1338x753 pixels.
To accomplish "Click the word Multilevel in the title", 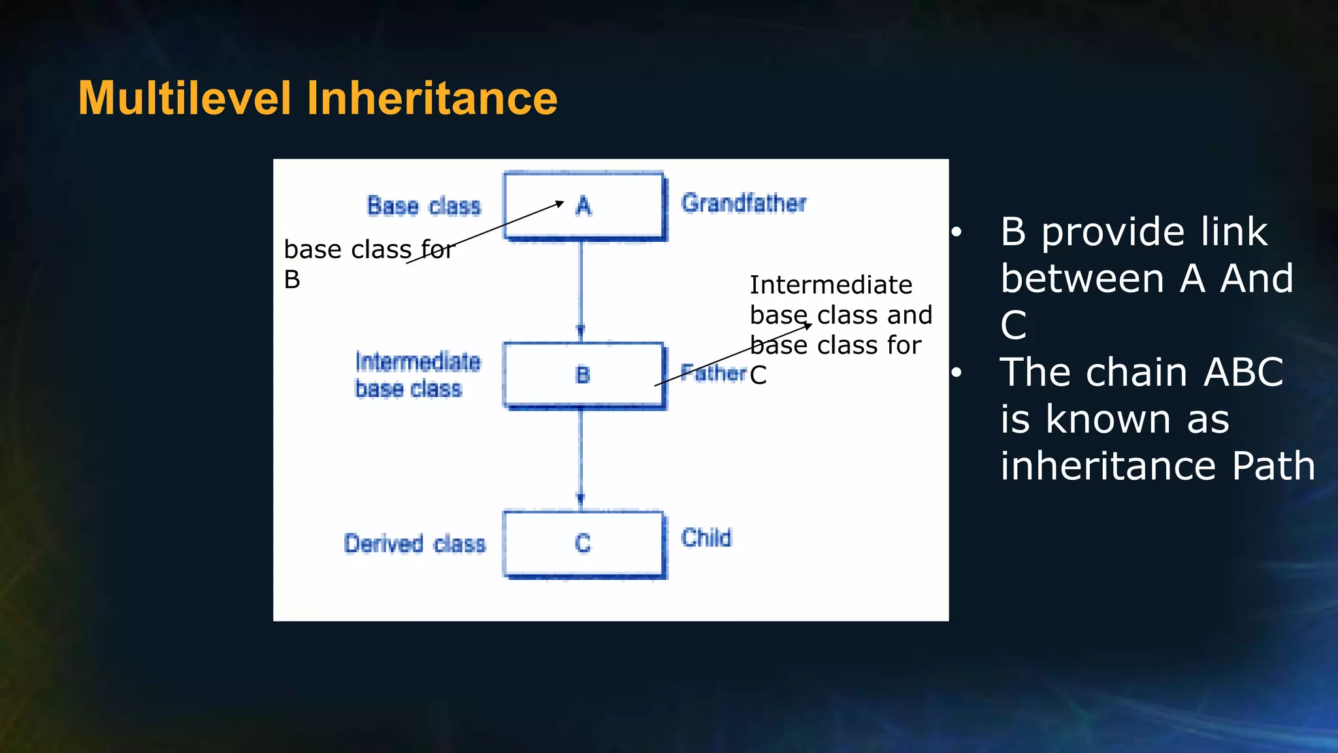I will pyautogui.click(x=184, y=98).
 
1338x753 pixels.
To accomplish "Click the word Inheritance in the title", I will pyautogui.click(x=432, y=98).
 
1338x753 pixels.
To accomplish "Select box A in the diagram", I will pyautogui.click(x=584, y=207).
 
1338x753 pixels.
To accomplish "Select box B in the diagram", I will pyautogui.click(x=584, y=375).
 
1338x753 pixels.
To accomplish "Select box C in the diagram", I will pyautogui.click(x=584, y=544).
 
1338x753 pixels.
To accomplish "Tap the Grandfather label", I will pyautogui.click(x=743, y=203).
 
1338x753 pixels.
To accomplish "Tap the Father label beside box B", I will pyautogui.click(x=712, y=373).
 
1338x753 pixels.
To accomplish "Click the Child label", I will pyautogui.click(x=706, y=538).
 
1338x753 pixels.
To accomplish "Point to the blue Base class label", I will pyautogui.click(x=424, y=206).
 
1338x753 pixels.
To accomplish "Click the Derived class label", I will pyautogui.click(x=415, y=544).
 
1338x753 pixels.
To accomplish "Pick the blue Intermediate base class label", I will pyautogui.click(x=417, y=375).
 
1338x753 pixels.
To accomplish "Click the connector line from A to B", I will pyautogui.click(x=581, y=288).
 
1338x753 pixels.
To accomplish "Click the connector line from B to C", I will pyautogui.click(x=581, y=458).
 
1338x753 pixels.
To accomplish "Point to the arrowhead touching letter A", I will pyautogui.click(x=560, y=203).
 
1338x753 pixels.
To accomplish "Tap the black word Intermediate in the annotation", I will pyautogui.click(x=830, y=285).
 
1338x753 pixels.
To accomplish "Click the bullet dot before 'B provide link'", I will pyautogui.click(x=956, y=232).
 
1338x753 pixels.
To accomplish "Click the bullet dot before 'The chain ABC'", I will pyautogui.click(x=956, y=373).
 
